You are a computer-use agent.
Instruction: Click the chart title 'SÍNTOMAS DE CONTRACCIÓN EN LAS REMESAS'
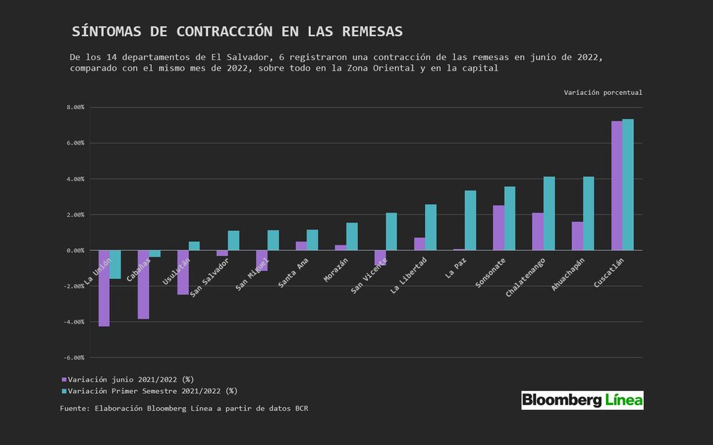tap(237, 32)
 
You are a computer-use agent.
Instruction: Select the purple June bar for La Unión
tap(104, 288)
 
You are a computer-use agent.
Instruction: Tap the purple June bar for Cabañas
tap(143, 285)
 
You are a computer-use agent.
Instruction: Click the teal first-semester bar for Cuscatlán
tap(627, 185)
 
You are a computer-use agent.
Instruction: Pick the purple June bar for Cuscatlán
tap(617, 185)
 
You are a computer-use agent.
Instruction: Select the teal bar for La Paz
tap(470, 220)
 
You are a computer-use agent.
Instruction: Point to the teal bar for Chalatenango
tap(549, 213)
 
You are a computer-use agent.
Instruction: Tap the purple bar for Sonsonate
tap(498, 227)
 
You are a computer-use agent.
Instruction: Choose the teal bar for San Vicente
tap(391, 232)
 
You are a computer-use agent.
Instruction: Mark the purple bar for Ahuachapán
tap(578, 236)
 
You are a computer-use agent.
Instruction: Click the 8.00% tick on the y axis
tap(75, 107)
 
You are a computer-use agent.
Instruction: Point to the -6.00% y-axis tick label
tap(74, 357)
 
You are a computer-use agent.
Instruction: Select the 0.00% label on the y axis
tap(75, 250)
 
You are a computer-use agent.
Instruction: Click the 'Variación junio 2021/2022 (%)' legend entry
tap(128, 379)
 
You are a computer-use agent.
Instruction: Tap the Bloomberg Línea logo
tap(582, 400)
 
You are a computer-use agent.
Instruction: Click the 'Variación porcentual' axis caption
tap(602, 93)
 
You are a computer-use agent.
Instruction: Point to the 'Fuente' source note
tap(184, 409)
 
